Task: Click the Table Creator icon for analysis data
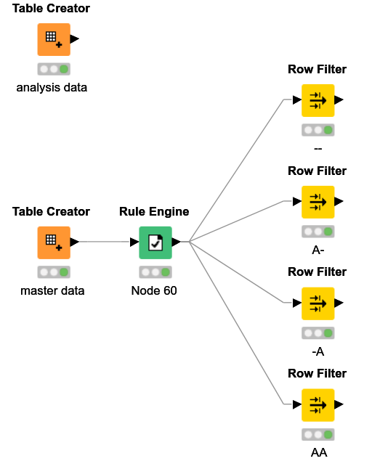coord(54,39)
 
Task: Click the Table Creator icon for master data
coord(54,242)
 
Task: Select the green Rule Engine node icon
coord(155,242)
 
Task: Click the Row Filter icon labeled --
coord(318,100)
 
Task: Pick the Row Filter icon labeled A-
coord(318,201)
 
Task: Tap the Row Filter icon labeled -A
coord(318,303)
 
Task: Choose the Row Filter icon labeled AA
coord(318,404)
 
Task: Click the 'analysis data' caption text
coord(52,88)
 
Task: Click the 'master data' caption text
coord(52,291)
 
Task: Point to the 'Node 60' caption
coord(154,291)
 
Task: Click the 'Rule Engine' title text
coord(154,212)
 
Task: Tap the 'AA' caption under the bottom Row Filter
coord(318,453)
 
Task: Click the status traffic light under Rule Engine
coord(155,272)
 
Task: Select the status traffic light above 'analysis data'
coord(54,69)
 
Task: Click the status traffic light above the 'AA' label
coord(318,434)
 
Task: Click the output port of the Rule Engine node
coord(177,242)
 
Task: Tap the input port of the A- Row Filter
coord(296,201)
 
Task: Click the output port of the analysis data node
coord(75,39)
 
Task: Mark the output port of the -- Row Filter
coord(339,100)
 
